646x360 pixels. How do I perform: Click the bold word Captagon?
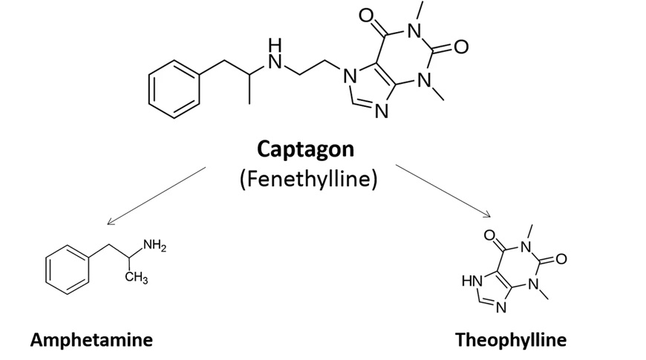[305, 149]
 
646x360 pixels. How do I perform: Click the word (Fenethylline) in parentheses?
[305, 180]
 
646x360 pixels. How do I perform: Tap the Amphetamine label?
[91, 341]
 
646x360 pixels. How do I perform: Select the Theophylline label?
[510, 341]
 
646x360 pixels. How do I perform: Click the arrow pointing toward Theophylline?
[443, 191]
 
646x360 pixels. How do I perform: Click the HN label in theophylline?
[470, 281]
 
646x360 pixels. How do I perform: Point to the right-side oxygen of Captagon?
[461, 48]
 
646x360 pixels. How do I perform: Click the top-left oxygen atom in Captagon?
[365, 15]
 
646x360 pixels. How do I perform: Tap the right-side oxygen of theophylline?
[561, 259]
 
